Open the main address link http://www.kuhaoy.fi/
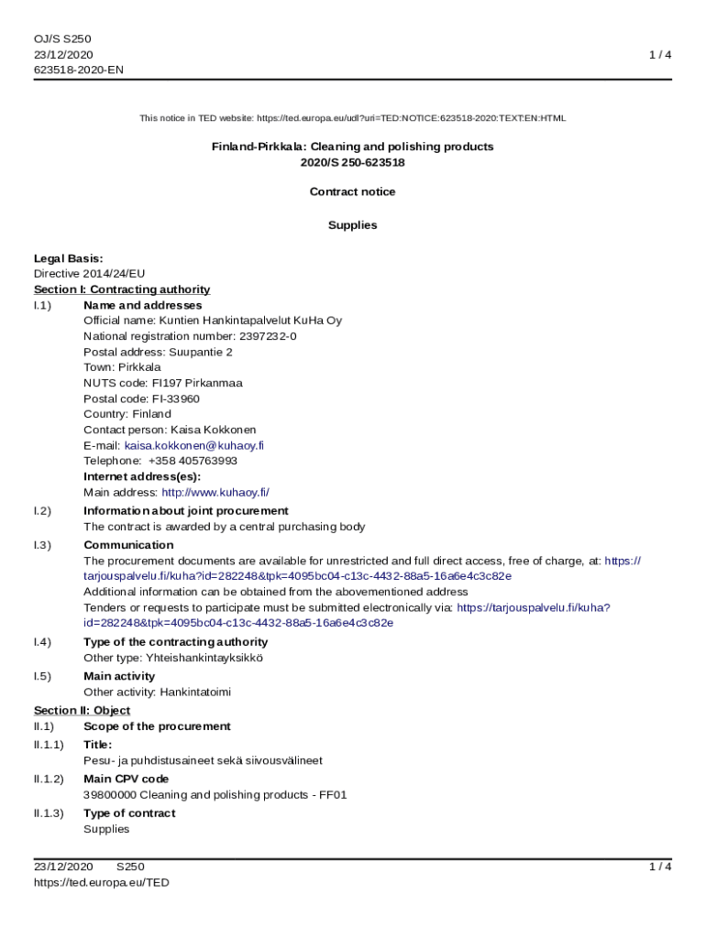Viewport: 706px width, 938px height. tap(215, 492)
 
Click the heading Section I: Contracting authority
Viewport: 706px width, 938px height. tap(122, 289)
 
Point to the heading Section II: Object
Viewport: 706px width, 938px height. tap(82, 710)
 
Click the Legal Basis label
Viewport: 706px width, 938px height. tap(68, 258)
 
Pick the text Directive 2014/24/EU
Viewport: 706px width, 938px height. tap(89, 274)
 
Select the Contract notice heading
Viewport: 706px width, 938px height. tap(352, 191)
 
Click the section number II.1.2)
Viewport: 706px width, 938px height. tap(49, 779)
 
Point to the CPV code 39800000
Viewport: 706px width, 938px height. tap(109, 795)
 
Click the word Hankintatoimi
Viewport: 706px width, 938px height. tap(195, 693)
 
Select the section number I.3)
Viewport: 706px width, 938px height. tap(42, 545)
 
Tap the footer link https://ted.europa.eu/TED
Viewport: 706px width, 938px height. tap(102, 883)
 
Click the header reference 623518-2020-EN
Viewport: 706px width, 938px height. tap(79, 70)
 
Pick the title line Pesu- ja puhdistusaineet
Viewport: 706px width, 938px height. tap(203, 760)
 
